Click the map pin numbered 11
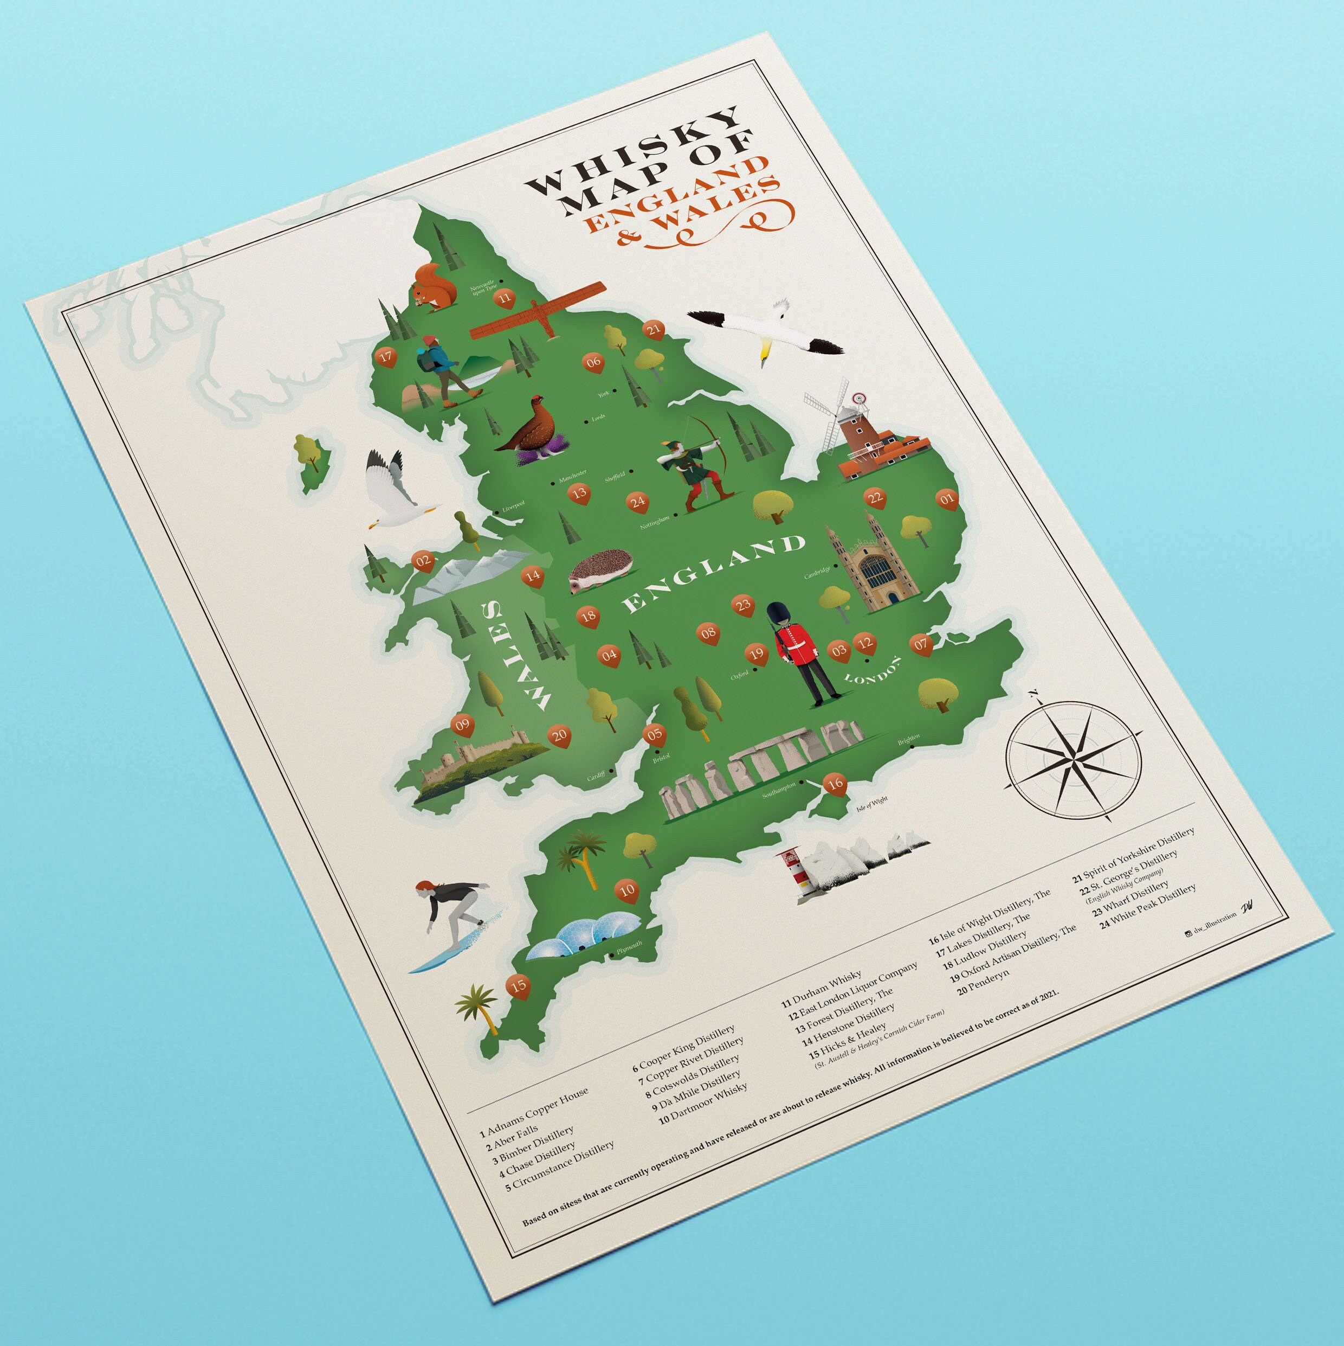click(x=504, y=299)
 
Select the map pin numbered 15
click(x=518, y=986)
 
